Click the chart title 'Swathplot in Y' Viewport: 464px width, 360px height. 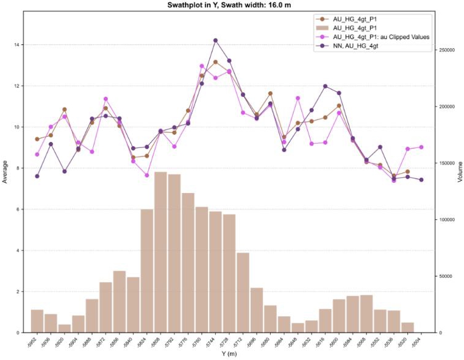coord(232,5)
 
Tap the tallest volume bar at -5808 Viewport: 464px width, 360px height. coord(160,252)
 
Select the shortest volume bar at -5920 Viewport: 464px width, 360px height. coord(64,328)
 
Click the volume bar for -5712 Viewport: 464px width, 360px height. coord(243,292)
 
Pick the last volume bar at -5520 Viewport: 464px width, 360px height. coord(407,327)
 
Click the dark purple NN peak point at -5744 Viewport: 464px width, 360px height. coord(215,40)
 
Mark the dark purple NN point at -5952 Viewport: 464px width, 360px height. coord(37,176)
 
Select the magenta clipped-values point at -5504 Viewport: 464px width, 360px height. coord(421,147)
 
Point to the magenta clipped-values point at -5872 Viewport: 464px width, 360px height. coord(105,99)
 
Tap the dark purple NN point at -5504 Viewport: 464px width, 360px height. coord(421,180)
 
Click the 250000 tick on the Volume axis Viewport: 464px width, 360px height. coord(446,51)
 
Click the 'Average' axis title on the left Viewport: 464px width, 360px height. coord(5,171)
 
